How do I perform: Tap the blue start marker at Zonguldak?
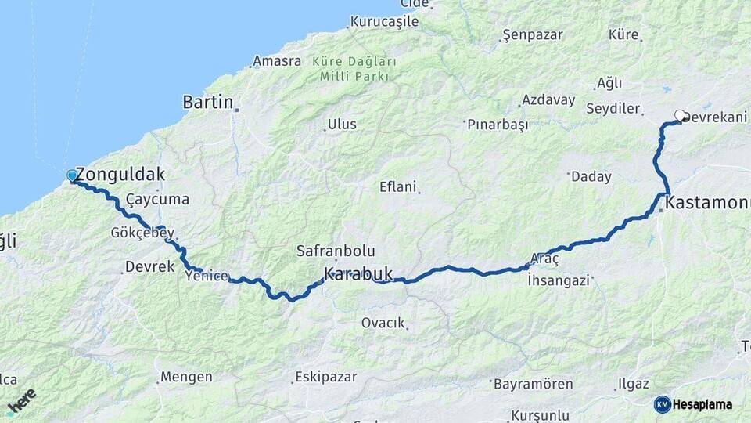pyautogui.click(x=72, y=176)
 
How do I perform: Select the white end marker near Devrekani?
pyautogui.click(x=680, y=116)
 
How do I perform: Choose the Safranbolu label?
pyautogui.click(x=336, y=251)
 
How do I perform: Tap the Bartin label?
pyautogui.click(x=208, y=102)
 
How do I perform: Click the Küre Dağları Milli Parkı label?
pyautogui.click(x=354, y=69)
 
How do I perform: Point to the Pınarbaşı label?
pyautogui.click(x=498, y=125)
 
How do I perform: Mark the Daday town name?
pyautogui.click(x=591, y=177)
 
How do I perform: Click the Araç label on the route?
pyautogui.click(x=544, y=259)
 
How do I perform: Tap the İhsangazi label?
pyautogui.click(x=558, y=280)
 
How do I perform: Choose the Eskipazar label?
pyautogui.click(x=326, y=378)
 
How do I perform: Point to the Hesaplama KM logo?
pyautogui.click(x=693, y=404)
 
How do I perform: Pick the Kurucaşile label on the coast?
pyautogui.click(x=385, y=22)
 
